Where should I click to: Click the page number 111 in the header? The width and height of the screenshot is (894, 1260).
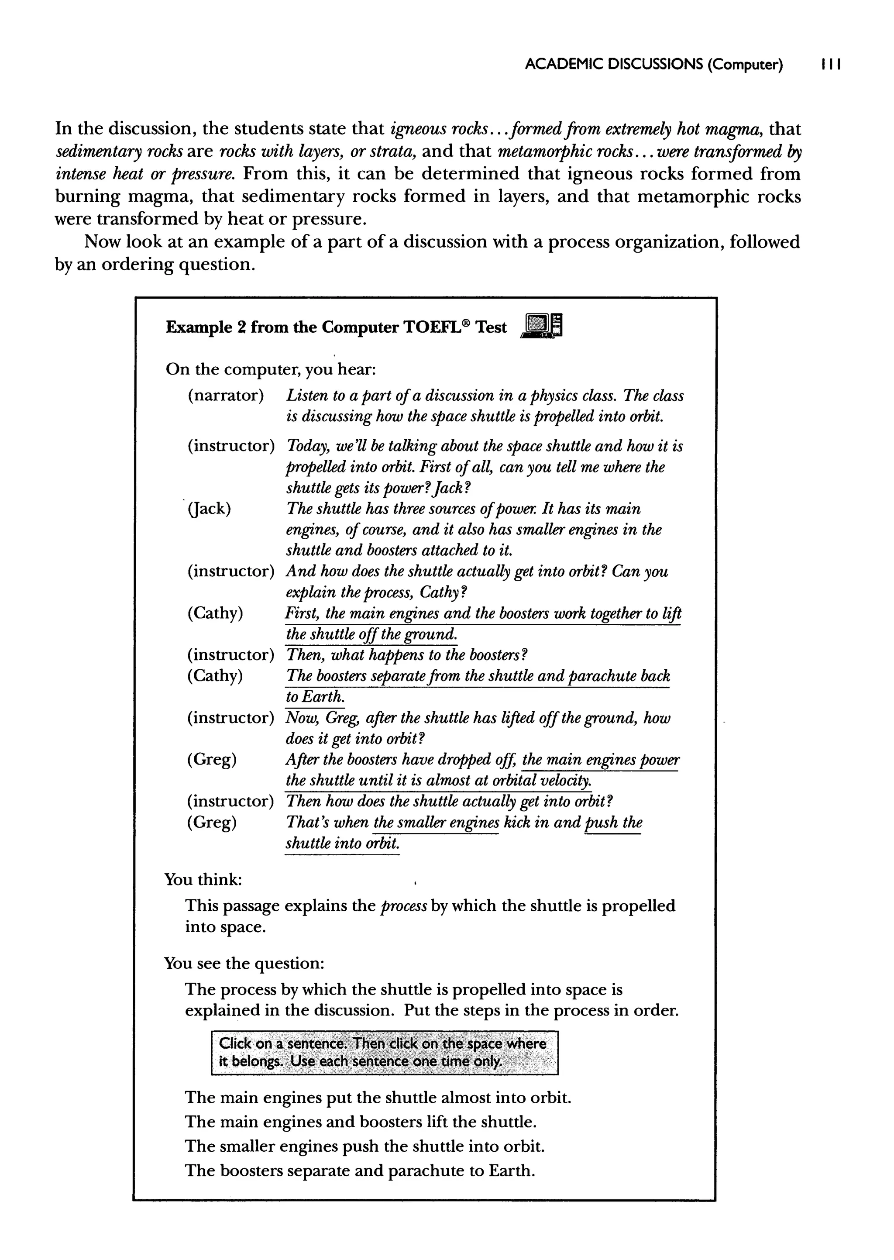(830, 65)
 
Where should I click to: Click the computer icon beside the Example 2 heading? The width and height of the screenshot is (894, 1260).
(542, 326)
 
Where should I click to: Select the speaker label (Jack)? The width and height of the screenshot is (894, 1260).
(209, 509)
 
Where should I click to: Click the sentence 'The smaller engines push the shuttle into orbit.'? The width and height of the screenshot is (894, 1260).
(364, 1146)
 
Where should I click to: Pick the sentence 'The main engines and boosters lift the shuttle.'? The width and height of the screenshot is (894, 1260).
(361, 1122)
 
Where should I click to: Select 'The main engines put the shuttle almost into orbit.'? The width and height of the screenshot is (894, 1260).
(378, 1098)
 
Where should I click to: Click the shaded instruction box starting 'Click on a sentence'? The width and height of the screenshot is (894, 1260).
(384, 1053)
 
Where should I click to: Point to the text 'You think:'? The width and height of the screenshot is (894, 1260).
(203, 880)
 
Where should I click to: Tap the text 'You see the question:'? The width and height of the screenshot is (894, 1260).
(244, 963)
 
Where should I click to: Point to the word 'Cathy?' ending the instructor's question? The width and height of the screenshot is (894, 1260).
(443, 592)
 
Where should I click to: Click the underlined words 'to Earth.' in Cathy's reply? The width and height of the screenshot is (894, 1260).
(314, 697)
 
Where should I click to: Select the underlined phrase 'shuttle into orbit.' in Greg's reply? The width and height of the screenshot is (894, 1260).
(342, 844)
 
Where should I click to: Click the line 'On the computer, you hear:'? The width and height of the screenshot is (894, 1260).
(270, 369)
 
